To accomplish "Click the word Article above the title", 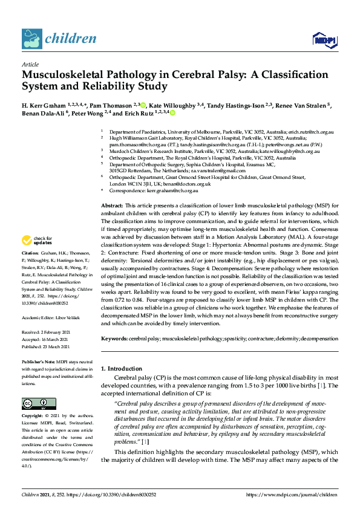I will point(30,63).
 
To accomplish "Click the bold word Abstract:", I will point(111,206).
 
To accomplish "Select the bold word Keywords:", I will point(113,340).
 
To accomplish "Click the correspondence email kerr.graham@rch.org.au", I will point(172,190).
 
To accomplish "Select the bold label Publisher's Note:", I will point(39,361).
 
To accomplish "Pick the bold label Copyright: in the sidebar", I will point(33,417).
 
